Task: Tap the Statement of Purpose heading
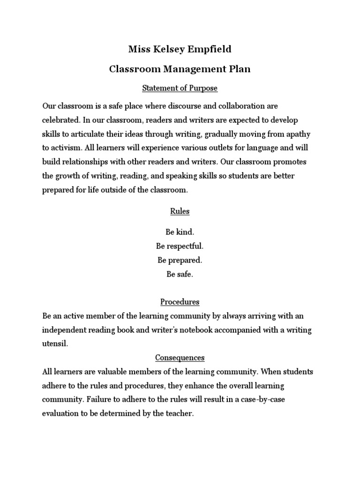coord(180,88)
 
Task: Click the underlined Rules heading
coord(180,211)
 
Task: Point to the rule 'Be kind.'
coord(180,232)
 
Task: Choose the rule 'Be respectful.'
coord(180,246)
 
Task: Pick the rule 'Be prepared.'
coord(180,260)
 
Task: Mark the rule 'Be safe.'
coord(180,274)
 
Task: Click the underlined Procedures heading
coord(180,301)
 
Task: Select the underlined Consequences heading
coord(180,358)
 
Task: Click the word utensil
coord(55,344)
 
